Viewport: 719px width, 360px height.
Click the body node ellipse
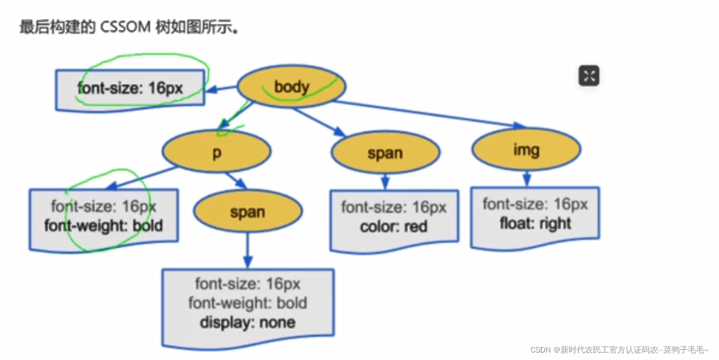point(292,87)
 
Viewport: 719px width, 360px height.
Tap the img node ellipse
point(526,149)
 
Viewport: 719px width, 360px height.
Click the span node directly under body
point(385,153)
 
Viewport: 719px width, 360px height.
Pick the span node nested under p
point(247,212)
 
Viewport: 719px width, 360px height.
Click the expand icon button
point(589,76)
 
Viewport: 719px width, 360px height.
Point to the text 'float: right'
point(535,223)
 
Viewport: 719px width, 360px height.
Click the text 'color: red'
point(394,226)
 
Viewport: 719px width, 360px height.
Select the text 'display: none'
point(247,321)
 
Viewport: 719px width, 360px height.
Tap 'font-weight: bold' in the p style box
point(104,225)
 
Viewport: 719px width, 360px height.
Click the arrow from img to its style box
point(527,179)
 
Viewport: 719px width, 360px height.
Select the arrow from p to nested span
point(235,180)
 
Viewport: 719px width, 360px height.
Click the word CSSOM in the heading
point(126,28)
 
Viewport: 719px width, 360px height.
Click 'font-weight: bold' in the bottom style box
point(247,302)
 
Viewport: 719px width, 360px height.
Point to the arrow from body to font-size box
point(221,88)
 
